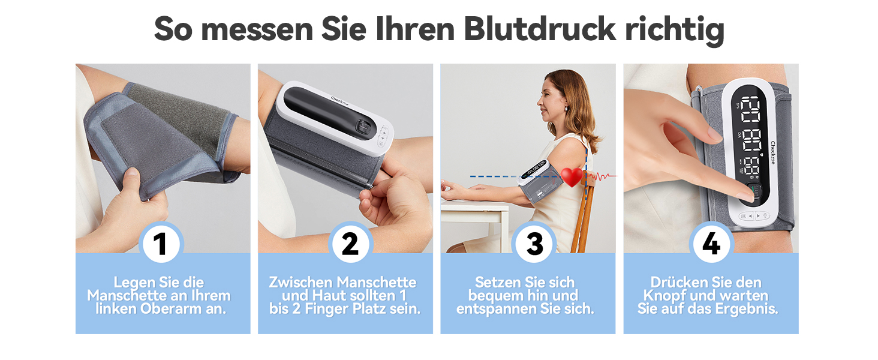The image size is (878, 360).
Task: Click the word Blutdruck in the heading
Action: pos(540,29)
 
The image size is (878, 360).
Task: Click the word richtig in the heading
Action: pos(675,31)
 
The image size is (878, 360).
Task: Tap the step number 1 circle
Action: pos(161,244)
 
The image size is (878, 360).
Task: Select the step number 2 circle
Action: pos(350,244)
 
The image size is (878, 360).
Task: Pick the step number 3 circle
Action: pos(534,244)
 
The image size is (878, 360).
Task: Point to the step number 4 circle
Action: pos(711,244)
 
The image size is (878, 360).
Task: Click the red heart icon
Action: pos(572,177)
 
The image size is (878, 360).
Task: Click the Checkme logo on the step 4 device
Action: pos(772,152)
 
